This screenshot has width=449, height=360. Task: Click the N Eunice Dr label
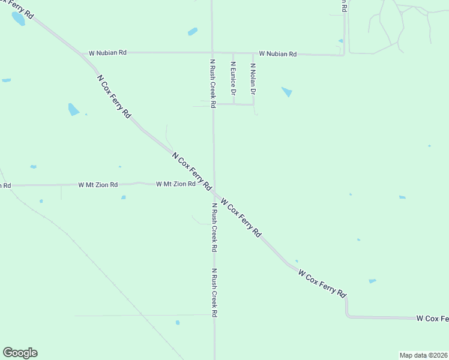point(233,78)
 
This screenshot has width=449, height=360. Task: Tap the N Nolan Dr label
point(253,80)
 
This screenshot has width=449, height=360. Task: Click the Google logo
point(20,353)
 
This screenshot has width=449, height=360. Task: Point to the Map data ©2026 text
point(423,355)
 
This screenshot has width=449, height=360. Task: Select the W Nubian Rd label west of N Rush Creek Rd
point(107,53)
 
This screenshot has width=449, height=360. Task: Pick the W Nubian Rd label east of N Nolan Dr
point(278,54)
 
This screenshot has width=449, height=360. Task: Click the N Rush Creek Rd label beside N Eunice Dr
point(212,83)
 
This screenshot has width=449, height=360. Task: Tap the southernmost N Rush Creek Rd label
point(213,292)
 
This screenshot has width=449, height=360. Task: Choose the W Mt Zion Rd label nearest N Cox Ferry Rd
point(176,184)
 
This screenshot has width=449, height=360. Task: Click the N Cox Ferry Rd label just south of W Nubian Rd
point(113,95)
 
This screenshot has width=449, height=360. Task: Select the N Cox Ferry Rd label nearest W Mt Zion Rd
point(191,172)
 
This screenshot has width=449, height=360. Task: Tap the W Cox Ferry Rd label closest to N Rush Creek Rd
point(241,217)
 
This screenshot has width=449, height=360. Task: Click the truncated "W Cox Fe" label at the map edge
point(432,317)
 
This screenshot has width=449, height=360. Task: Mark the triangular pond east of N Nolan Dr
point(287,92)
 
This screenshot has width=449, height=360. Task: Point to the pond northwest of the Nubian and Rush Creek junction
point(192,31)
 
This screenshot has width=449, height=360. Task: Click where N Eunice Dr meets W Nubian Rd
point(233,53)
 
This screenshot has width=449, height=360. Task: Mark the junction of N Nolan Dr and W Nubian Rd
point(253,53)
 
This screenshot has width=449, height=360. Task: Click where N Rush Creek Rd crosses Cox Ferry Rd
point(214,191)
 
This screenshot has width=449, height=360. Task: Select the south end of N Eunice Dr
point(233,104)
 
